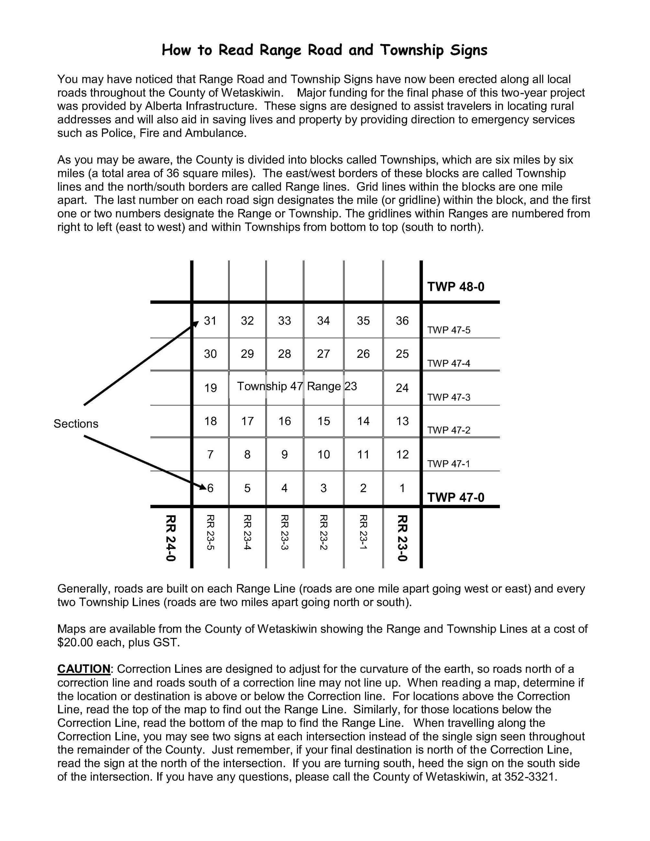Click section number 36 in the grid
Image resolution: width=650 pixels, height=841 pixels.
tap(402, 321)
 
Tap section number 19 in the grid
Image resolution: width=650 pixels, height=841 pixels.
tap(210, 388)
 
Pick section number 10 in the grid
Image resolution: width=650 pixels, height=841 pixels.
tap(324, 455)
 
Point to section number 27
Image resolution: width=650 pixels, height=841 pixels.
tap(324, 354)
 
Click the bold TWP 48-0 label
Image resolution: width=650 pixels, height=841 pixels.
tap(456, 287)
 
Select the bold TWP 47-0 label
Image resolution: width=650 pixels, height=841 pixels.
tap(456, 497)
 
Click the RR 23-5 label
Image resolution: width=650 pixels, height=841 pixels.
tap(210, 532)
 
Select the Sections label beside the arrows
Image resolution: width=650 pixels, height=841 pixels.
tap(76, 424)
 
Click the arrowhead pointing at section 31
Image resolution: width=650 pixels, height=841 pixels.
tap(196, 323)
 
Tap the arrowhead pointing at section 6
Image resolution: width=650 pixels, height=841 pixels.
tap(203, 487)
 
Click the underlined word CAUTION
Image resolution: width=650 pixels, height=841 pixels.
tap(83, 669)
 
